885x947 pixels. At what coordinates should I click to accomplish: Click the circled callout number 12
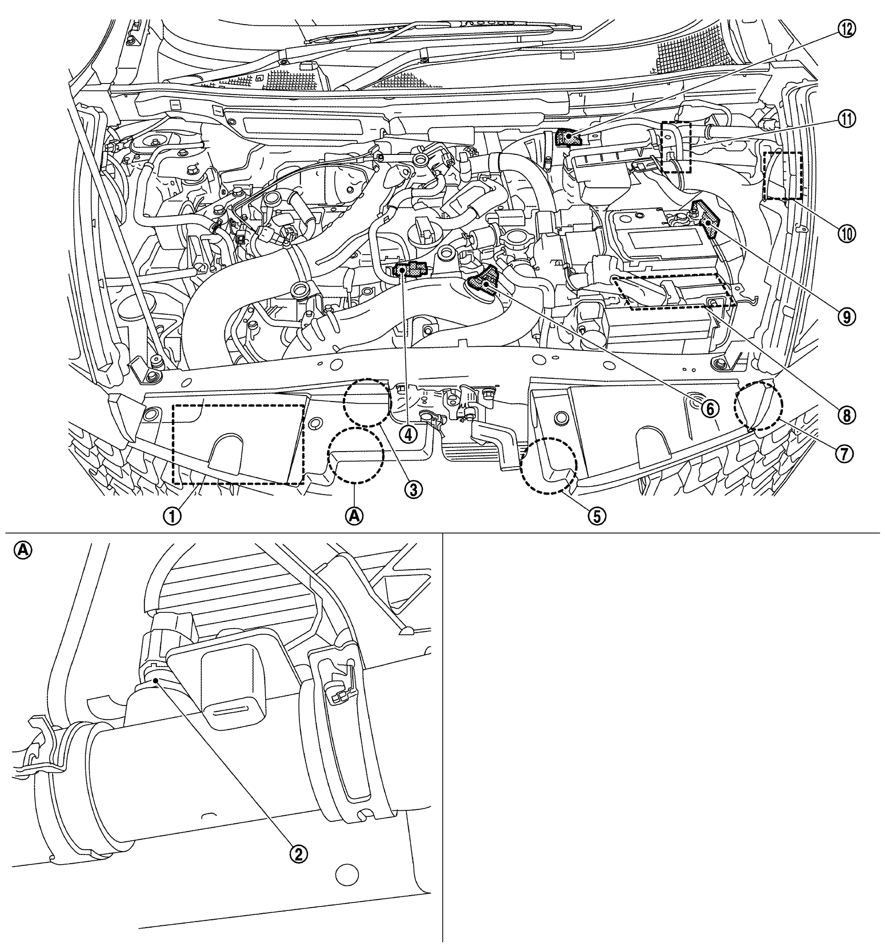tap(846, 29)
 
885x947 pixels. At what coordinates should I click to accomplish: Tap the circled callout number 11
tap(846, 119)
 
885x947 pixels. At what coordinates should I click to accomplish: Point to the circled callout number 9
tap(846, 317)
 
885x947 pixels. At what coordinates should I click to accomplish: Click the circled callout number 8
tap(846, 415)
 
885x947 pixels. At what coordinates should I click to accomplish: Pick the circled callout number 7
tap(843, 454)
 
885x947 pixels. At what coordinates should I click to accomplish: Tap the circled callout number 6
tap(710, 409)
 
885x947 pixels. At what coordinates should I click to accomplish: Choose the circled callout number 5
tap(597, 515)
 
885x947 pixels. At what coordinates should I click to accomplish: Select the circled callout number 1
tap(172, 515)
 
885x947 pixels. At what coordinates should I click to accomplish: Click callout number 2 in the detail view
tap(299, 854)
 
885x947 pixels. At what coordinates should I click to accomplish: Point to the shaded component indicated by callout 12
tap(568, 139)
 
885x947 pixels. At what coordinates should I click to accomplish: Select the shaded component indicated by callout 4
tap(408, 270)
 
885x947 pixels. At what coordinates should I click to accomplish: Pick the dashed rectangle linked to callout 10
tap(783, 176)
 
